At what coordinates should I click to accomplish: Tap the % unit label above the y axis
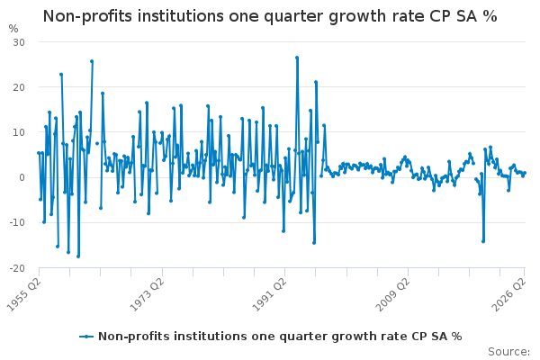[13, 29]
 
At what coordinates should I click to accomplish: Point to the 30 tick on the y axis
[19, 42]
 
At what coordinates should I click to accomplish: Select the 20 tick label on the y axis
[19, 87]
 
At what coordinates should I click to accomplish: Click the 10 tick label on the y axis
[19, 132]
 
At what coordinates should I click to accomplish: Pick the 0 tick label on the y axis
[22, 178]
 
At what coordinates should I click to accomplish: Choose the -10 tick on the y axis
[17, 223]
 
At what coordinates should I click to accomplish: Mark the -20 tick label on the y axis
[17, 268]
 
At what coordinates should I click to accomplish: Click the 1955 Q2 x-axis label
[23, 294]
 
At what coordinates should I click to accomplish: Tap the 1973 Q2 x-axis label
[147, 294]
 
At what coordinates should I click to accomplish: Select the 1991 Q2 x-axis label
[269, 294]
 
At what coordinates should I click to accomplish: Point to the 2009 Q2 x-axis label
[392, 294]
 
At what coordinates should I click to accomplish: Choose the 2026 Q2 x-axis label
[509, 294]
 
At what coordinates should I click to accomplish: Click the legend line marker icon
[86, 337]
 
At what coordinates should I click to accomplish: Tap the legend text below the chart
[280, 337]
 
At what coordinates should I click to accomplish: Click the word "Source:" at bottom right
[508, 352]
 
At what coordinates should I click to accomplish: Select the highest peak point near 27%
[297, 58]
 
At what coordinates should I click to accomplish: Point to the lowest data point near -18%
[78, 256]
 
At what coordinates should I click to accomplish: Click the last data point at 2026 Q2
[525, 173]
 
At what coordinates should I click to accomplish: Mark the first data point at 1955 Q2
[39, 153]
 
